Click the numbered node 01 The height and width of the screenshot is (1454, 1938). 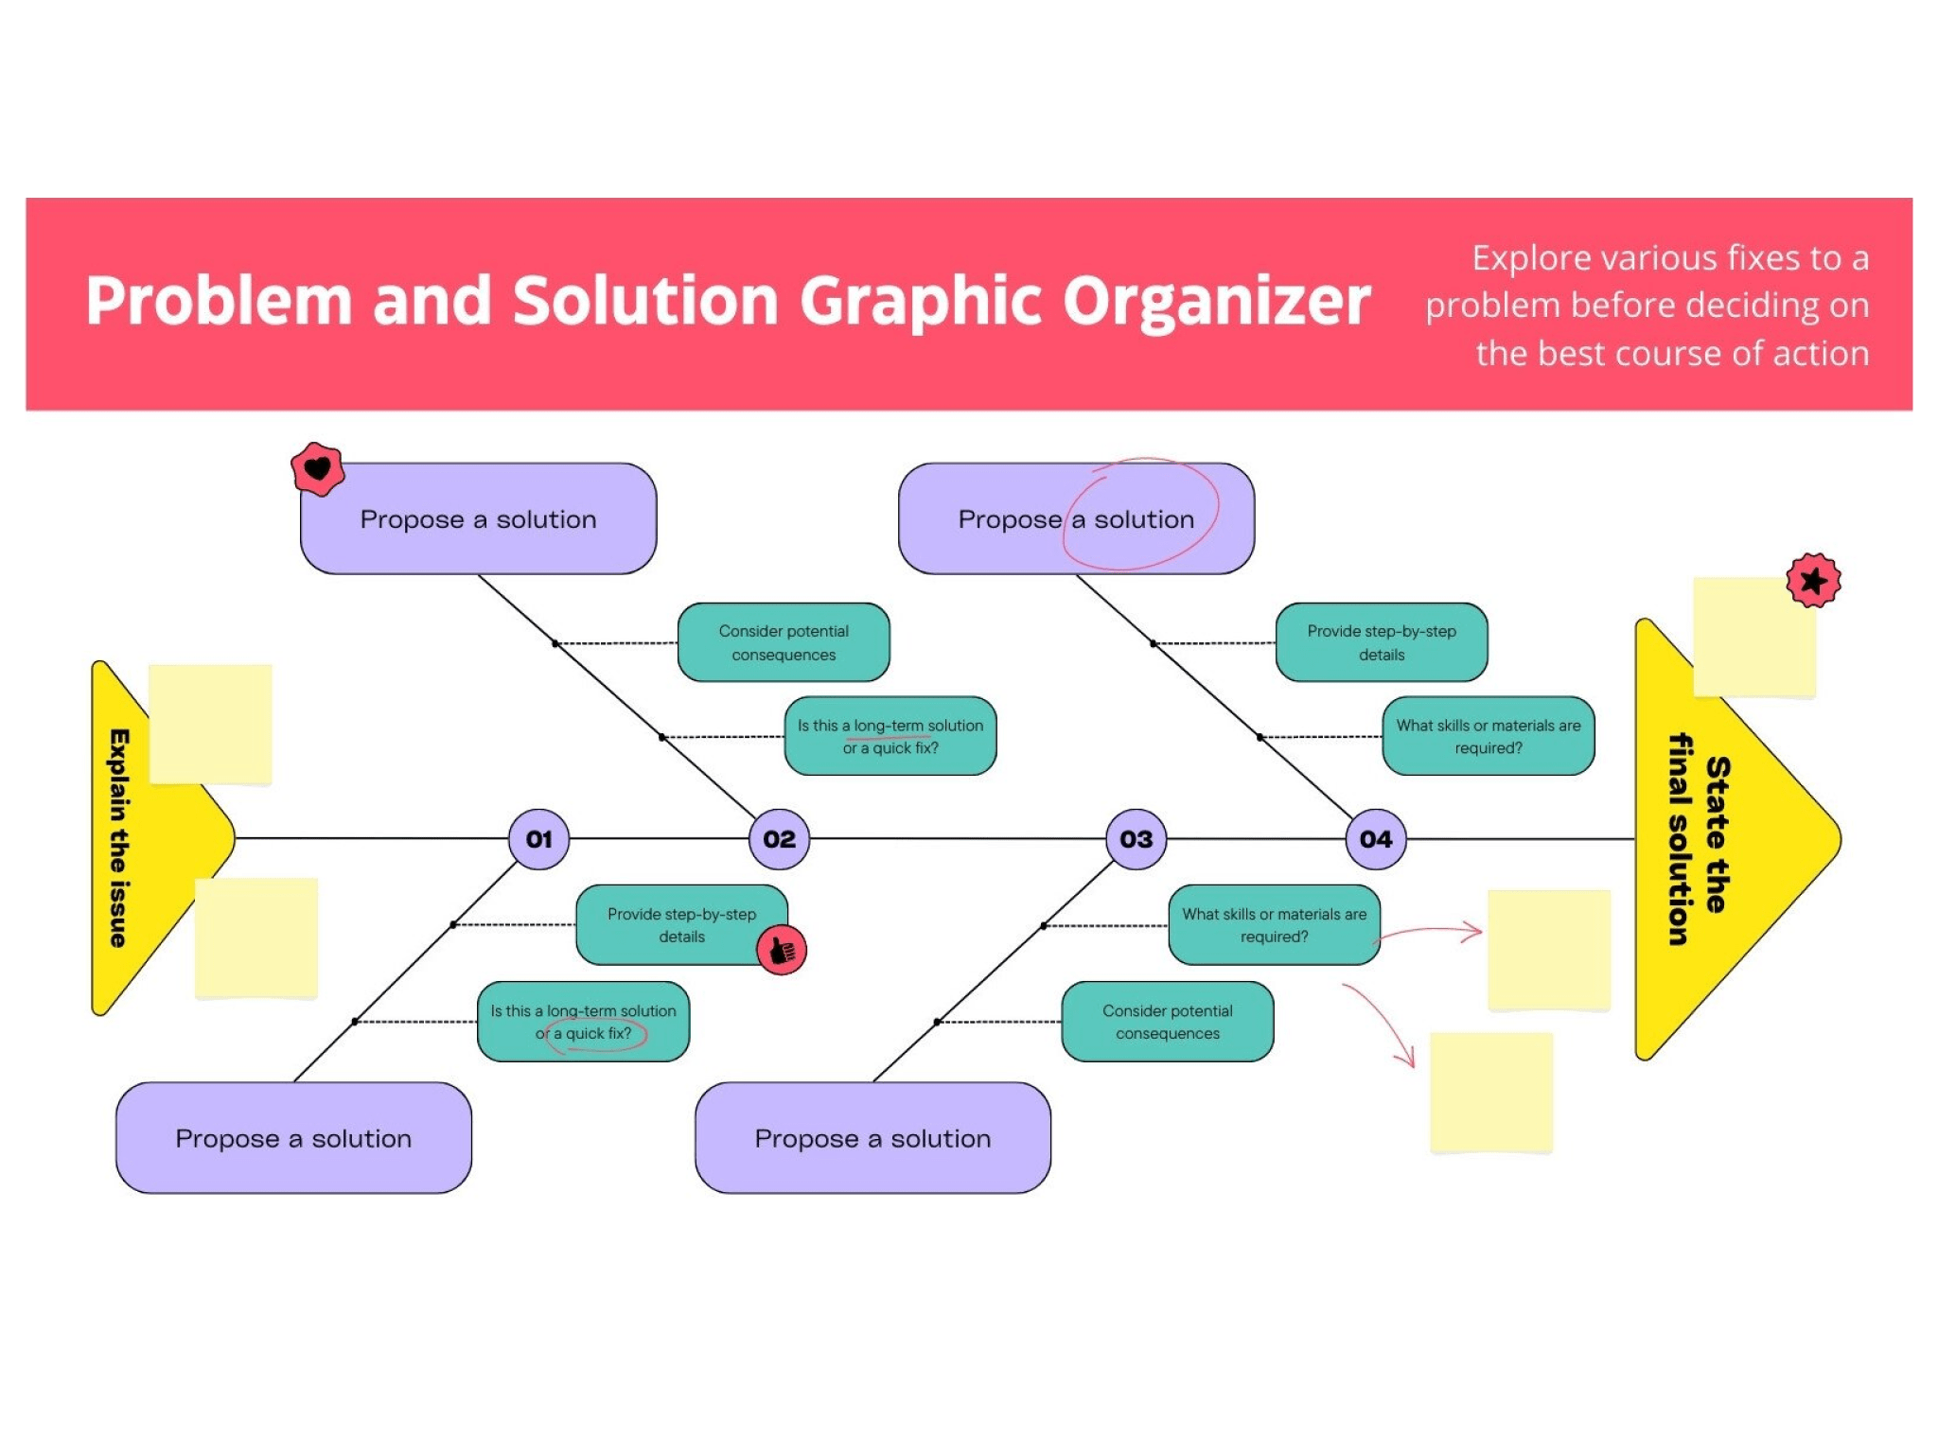(x=538, y=839)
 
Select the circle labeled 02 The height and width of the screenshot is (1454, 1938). (x=779, y=839)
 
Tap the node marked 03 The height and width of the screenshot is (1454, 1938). (x=1136, y=839)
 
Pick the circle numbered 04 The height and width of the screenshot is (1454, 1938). (x=1375, y=839)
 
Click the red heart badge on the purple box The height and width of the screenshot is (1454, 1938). (x=317, y=468)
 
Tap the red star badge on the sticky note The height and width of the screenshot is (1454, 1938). (x=1813, y=580)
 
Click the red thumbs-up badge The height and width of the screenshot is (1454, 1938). (x=782, y=950)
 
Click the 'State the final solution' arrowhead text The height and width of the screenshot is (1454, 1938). (x=1699, y=837)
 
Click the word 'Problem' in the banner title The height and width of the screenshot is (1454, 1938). (x=219, y=301)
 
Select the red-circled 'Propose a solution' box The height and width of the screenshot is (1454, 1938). (x=1075, y=518)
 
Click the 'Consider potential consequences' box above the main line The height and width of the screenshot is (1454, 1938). (x=783, y=642)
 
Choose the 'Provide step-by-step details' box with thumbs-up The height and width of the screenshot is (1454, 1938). (x=680, y=924)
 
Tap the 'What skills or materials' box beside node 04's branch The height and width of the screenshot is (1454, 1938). (x=1488, y=736)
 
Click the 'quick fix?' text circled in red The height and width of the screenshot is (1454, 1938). (x=598, y=1033)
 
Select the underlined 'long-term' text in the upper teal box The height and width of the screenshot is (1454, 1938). (x=888, y=726)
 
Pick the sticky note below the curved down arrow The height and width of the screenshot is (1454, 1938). (x=1490, y=1093)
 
